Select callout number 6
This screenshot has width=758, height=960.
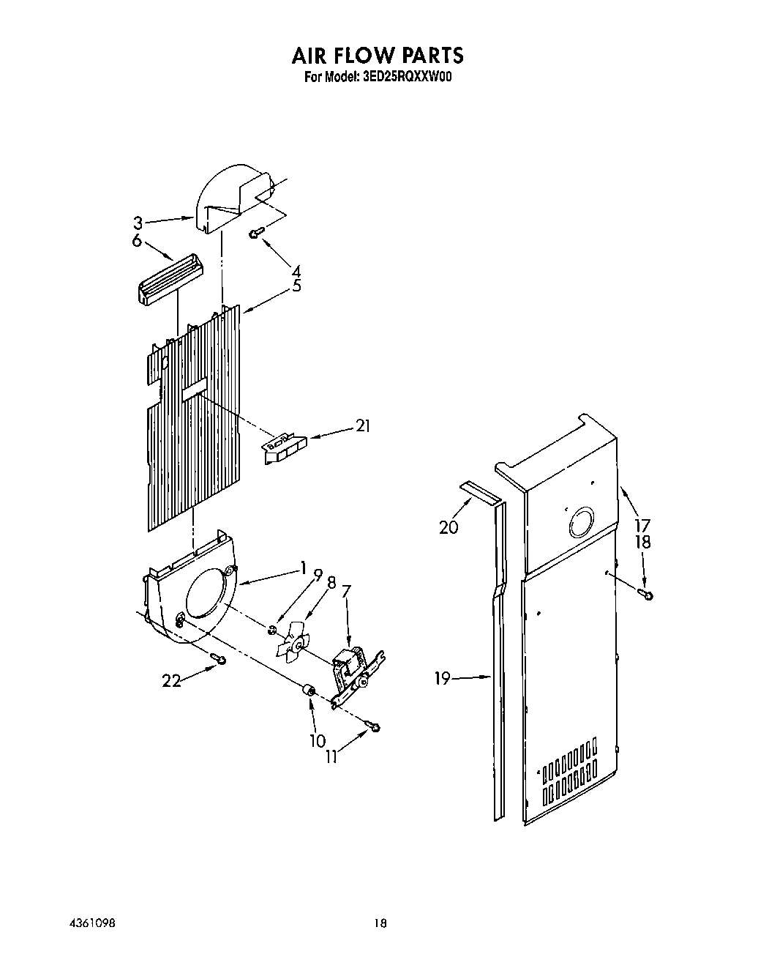coord(137,240)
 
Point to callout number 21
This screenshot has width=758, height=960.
coord(361,425)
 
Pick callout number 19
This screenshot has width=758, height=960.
coord(442,679)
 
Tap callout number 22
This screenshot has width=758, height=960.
coord(170,680)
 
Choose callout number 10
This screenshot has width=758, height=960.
coord(317,741)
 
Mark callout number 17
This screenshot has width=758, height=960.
coord(642,525)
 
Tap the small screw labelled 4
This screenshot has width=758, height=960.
coord(256,233)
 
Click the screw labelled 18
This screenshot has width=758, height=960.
coord(646,593)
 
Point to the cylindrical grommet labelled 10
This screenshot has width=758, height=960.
coord(309,691)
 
